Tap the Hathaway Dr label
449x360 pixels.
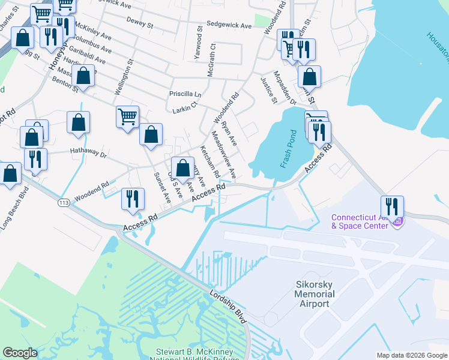88,154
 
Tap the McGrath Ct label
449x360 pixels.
211,59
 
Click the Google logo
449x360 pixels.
20,353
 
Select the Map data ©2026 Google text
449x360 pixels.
411,355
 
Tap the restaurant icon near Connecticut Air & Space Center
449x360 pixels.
392,207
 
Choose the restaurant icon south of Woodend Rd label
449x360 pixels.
133,198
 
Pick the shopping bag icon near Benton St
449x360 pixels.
83,76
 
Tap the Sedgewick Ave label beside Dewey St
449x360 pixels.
228,26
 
